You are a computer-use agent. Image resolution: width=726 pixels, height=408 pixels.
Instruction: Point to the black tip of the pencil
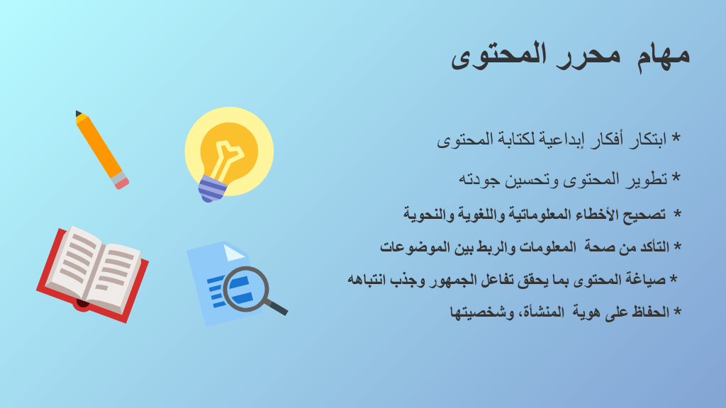pos(78,113)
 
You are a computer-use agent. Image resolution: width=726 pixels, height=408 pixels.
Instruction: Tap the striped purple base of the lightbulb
pos(211,188)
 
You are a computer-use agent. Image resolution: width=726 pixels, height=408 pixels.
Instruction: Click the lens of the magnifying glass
pos(245,289)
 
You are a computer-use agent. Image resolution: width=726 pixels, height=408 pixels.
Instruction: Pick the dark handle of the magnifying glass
pos(277,307)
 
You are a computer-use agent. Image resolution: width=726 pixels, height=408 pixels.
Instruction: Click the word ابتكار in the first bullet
pos(647,140)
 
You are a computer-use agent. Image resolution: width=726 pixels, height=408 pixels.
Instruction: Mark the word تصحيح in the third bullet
pos(644,215)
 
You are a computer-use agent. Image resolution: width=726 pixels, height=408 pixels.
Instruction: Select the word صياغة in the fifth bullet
pos(645,279)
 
